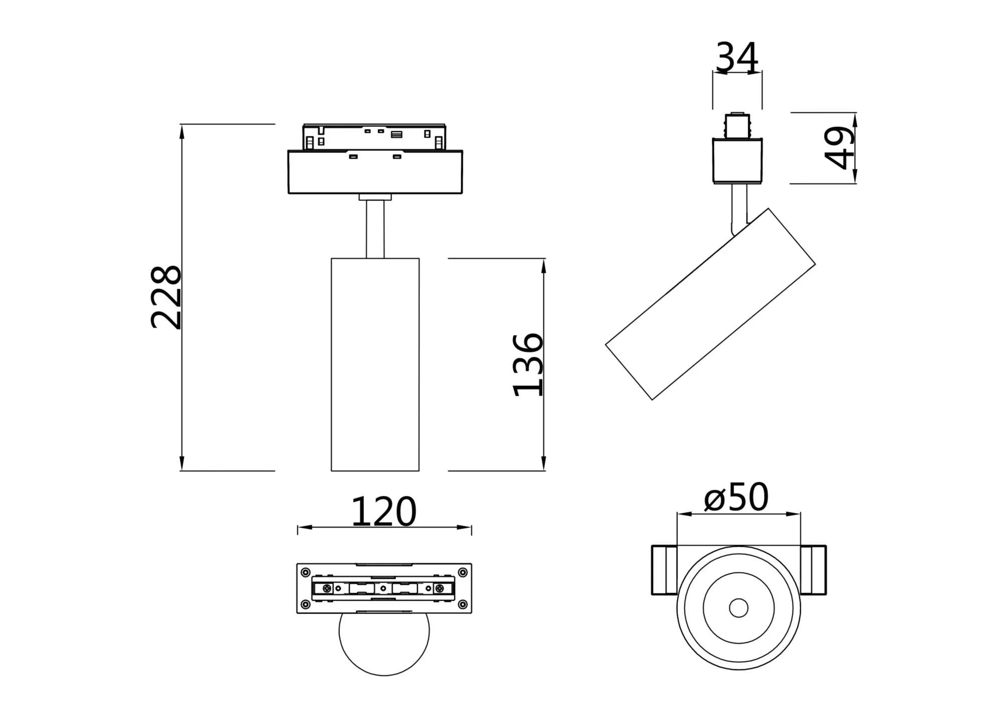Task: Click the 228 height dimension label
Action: [x=166, y=297]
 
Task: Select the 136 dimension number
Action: [x=528, y=364]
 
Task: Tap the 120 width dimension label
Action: [x=384, y=512]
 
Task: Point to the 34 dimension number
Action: [x=736, y=58]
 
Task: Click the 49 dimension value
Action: [x=840, y=148]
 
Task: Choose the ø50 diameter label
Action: [x=736, y=497]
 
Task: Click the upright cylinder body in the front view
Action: [x=375, y=365]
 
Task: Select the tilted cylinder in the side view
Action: [x=710, y=304]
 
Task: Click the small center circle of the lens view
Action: [x=738, y=608]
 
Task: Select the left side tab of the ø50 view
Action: [x=664, y=570]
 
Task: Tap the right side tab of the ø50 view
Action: [x=813, y=570]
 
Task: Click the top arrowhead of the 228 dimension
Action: [x=182, y=130]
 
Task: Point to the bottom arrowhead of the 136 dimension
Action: [x=544, y=464]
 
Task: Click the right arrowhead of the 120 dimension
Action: [x=465, y=527]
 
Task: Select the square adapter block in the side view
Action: [x=737, y=161]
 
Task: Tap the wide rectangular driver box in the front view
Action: [x=375, y=172]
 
